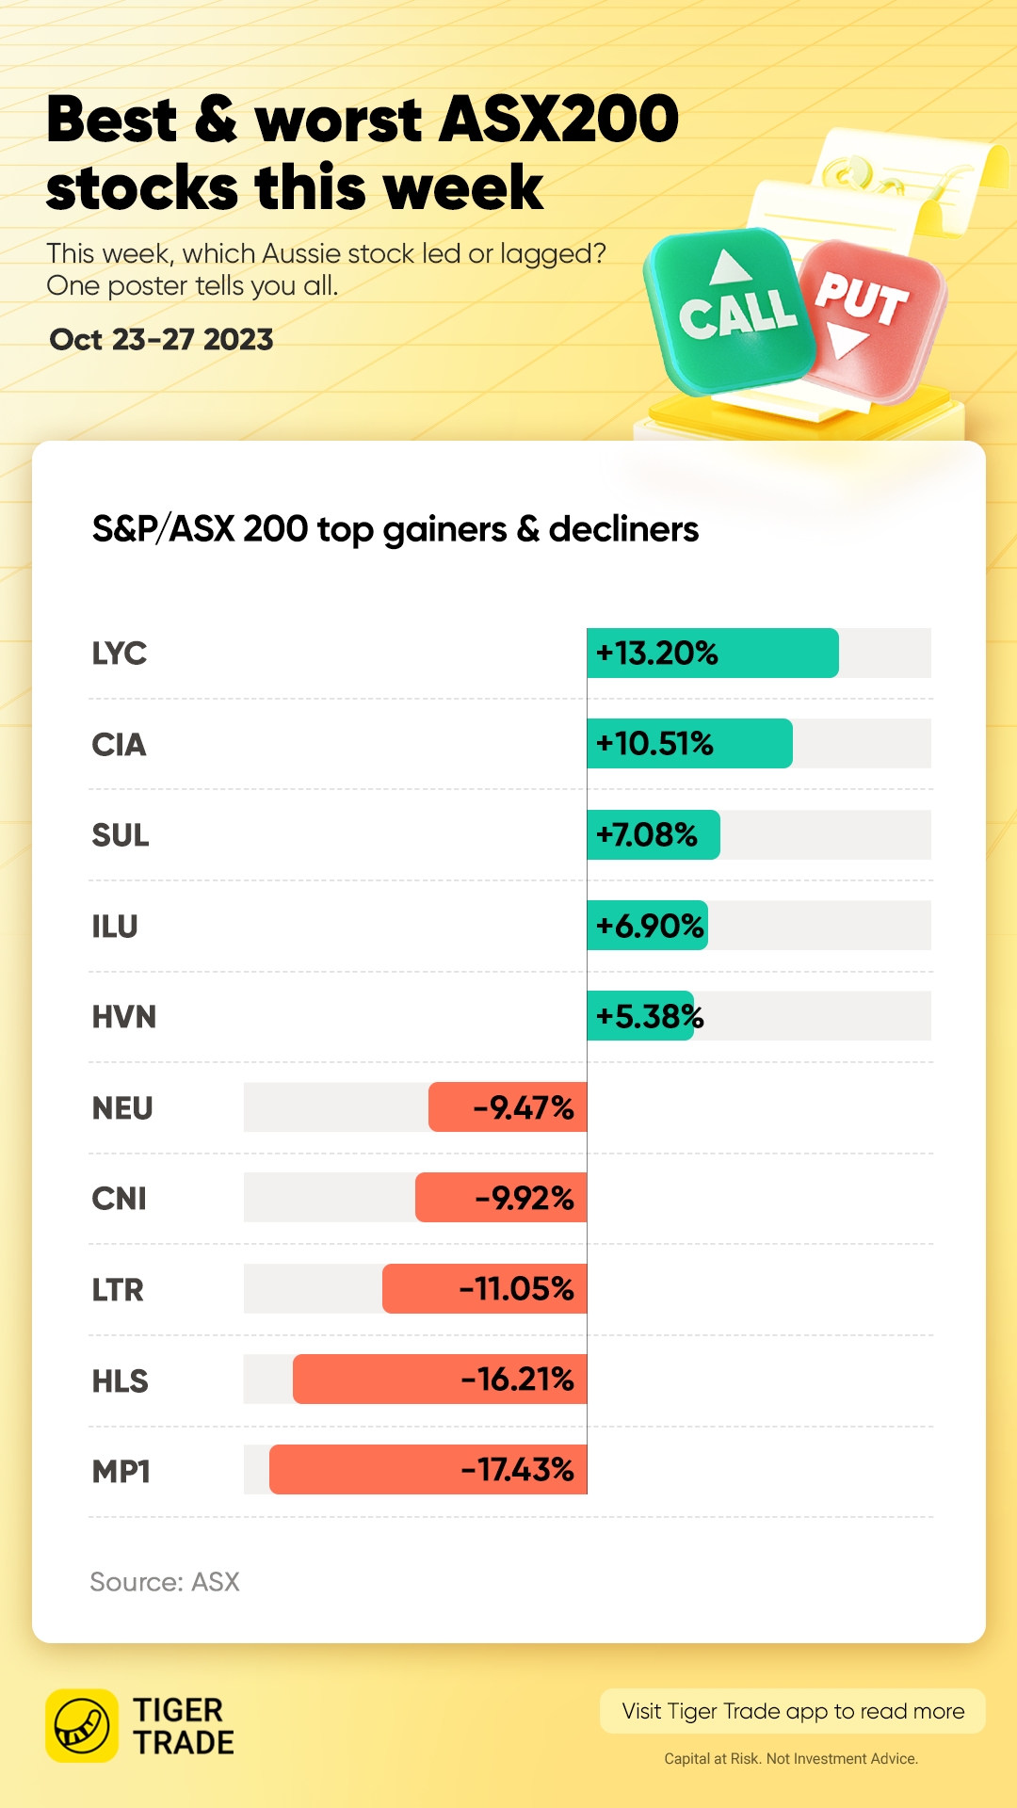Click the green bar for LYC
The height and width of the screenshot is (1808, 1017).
tap(712, 653)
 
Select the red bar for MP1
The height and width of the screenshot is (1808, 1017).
tap(428, 1469)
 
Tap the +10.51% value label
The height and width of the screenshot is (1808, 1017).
tap(654, 744)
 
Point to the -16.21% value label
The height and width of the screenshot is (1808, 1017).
tap(517, 1380)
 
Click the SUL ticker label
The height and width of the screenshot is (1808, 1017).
tap(121, 835)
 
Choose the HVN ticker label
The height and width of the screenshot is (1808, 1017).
tap(123, 1017)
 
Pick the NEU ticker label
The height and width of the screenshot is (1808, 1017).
tap(122, 1108)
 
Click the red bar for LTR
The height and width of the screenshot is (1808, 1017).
tap(484, 1288)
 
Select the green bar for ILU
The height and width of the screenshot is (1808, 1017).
tap(647, 926)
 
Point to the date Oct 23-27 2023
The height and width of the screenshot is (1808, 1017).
tap(161, 340)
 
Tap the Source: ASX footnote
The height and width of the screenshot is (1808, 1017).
tap(165, 1582)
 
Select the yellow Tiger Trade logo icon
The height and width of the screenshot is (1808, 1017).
tap(82, 1725)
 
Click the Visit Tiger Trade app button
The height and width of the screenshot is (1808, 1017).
tap(793, 1711)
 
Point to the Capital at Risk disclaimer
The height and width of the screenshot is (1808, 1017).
tap(791, 1758)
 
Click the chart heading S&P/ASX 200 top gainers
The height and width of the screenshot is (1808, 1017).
tap(395, 529)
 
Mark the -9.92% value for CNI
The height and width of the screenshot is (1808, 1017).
tap(525, 1199)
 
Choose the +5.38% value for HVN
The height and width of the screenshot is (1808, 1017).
tap(650, 1017)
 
